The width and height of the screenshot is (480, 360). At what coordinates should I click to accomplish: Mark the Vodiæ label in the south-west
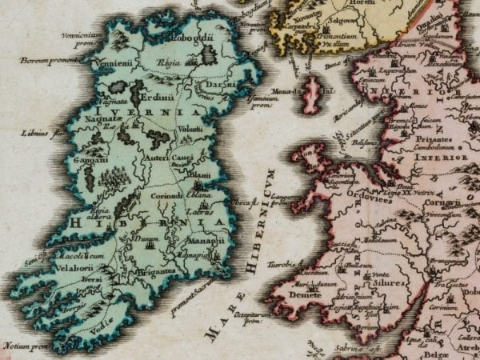click(x=97, y=326)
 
